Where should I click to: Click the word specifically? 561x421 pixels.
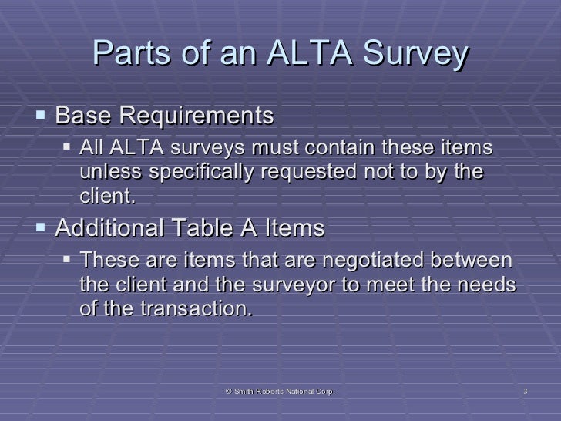[x=200, y=172]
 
